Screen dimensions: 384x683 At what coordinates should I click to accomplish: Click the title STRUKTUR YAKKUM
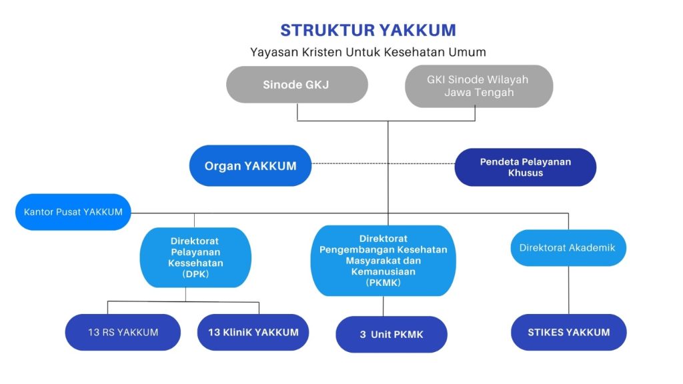click(x=368, y=30)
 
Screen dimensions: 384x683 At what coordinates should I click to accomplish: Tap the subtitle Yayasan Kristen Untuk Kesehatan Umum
click(x=368, y=51)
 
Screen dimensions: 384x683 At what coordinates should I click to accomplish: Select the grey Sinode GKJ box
click(x=297, y=85)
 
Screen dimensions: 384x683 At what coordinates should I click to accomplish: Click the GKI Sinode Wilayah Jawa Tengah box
click(x=478, y=86)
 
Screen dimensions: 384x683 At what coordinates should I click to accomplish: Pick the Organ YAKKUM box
click(x=250, y=165)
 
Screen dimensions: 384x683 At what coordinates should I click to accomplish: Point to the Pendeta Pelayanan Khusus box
click(x=525, y=167)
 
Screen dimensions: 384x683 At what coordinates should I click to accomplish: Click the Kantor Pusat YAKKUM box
click(x=73, y=212)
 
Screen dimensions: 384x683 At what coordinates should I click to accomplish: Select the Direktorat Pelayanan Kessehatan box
click(x=195, y=257)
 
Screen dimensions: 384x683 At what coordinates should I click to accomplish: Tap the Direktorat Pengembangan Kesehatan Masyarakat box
click(x=383, y=260)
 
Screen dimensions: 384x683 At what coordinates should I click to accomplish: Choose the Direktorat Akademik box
click(x=568, y=247)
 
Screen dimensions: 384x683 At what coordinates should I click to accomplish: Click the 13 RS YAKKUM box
click(x=123, y=332)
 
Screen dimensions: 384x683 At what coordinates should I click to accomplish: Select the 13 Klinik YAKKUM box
click(x=253, y=332)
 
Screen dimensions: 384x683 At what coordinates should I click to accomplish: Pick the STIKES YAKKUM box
click(x=569, y=332)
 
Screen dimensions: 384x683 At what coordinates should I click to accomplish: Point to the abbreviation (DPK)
click(x=195, y=273)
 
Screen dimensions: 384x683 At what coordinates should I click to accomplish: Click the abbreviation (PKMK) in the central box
click(x=382, y=283)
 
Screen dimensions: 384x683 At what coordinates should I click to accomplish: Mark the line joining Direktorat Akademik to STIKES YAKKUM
click(x=569, y=290)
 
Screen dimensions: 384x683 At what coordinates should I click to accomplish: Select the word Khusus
click(x=525, y=173)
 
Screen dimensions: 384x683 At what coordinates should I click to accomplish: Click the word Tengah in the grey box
click(x=494, y=93)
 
